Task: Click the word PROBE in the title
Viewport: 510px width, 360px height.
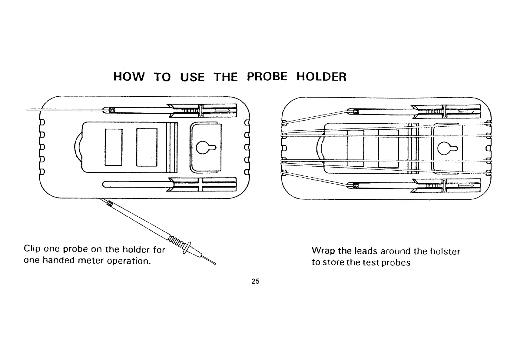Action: [x=267, y=76]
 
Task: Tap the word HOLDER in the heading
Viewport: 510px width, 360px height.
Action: [x=321, y=77]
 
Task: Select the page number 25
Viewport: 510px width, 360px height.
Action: [x=255, y=282]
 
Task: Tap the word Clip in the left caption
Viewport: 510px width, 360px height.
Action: [x=32, y=249]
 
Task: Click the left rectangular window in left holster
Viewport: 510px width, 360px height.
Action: [x=114, y=147]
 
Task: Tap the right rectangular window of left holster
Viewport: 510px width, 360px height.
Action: [x=147, y=147]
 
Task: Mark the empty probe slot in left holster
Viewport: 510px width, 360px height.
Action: [x=136, y=184]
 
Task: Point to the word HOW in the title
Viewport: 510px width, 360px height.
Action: [x=129, y=77]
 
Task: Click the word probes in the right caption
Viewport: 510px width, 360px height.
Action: [x=396, y=262]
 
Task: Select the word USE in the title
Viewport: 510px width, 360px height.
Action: [x=192, y=77]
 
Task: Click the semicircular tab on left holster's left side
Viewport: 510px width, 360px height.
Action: [x=77, y=148]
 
